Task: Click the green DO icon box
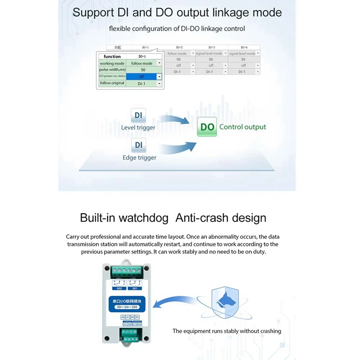pos(207,127)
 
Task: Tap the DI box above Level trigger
pos(138,116)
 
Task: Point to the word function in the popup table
pos(112,57)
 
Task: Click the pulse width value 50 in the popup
pos(143,70)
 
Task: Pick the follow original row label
pos(112,83)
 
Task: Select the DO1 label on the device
pos(135,288)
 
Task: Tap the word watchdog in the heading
pos(144,218)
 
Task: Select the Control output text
pos(243,127)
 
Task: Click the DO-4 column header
pos(243,47)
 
